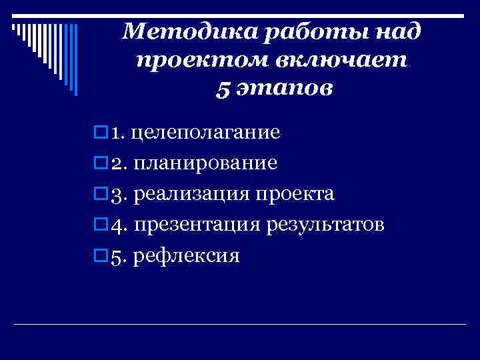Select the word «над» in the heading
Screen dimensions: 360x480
click(397, 31)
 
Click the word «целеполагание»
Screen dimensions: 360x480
click(205, 133)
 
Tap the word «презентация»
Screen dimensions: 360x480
click(198, 225)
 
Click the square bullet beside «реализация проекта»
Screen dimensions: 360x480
click(101, 193)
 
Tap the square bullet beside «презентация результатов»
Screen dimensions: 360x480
click(101, 224)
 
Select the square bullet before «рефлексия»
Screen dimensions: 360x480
click(101, 255)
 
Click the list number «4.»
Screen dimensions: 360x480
click(119, 225)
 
